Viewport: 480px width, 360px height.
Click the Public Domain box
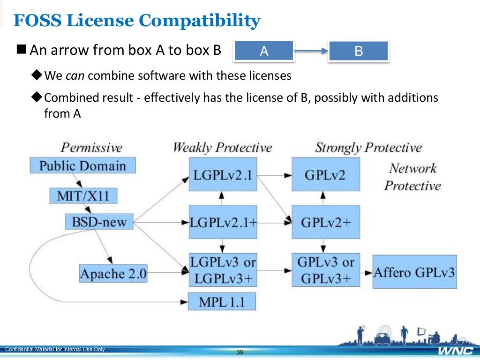point(82,166)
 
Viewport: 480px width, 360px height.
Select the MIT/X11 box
point(83,195)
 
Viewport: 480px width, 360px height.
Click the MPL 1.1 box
point(222,301)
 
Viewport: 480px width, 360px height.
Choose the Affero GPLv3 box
point(414,272)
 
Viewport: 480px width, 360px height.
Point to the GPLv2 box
point(325,174)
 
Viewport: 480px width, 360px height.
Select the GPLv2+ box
point(325,222)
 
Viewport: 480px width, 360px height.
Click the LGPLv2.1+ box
point(223,222)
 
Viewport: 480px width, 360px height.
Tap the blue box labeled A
point(264,51)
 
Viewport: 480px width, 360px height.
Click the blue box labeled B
point(359,51)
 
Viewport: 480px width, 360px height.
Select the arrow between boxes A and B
point(311,52)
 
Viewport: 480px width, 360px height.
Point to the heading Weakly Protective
point(222,148)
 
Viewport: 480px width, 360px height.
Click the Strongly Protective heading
point(368,148)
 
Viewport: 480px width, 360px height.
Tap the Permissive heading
point(91,148)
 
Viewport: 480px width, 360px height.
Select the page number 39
point(240,352)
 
